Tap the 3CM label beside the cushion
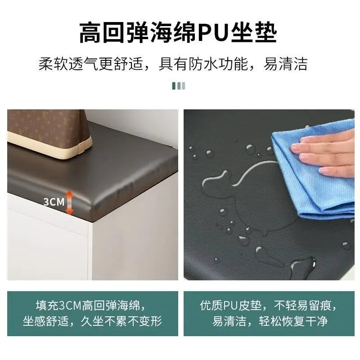(54, 202)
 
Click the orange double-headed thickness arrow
(70, 202)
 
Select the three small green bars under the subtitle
(179, 85)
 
